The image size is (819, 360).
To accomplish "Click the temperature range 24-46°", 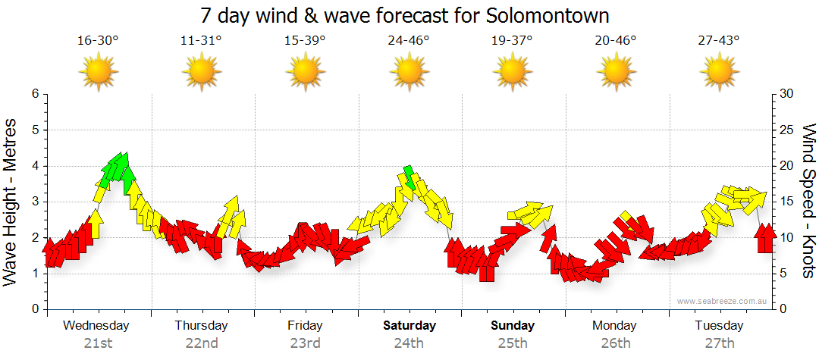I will pyautogui.click(x=409, y=40).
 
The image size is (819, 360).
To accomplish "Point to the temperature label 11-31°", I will pyautogui.click(x=201, y=40).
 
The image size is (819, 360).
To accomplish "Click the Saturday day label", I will pyautogui.click(x=409, y=326).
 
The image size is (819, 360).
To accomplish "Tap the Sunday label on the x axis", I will pyautogui.click(x=513, y=326).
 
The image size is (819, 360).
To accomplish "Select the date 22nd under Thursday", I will pyautogui.click(x=201, y=343).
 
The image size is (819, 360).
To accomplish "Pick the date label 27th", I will pyautogui.click(x=720, y=343).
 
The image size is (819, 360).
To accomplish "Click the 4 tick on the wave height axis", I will pyautogui.click(x=34, y=166).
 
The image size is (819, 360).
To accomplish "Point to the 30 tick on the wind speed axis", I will pyautogui.click(x=786, y=94).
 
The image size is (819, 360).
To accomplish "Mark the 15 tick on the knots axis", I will pyautogui.click(x=786, y=202).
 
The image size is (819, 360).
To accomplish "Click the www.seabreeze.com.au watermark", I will pyautogui.click(x=723, y=301).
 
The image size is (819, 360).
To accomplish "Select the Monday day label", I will pyautogui.click(x=616, y=326).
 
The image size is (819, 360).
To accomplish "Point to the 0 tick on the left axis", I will pyautogui.click(x=34, y=309).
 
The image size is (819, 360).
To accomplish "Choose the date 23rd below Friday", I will pyautogui.click(x=305, y=343).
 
